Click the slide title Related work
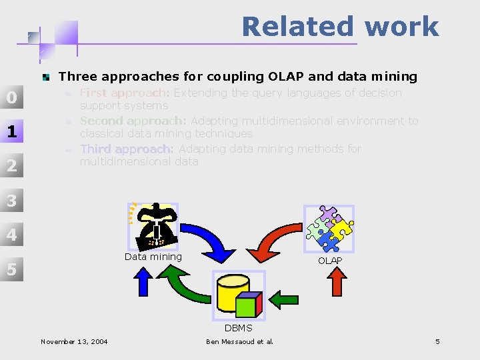click(340, 27)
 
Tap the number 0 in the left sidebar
click(11, 98)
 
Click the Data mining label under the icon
click(153, 257)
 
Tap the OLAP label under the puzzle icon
click(330, 261)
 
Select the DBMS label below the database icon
click(238, 328)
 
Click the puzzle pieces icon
click(329, 229)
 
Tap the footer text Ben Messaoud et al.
click(239, 342)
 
